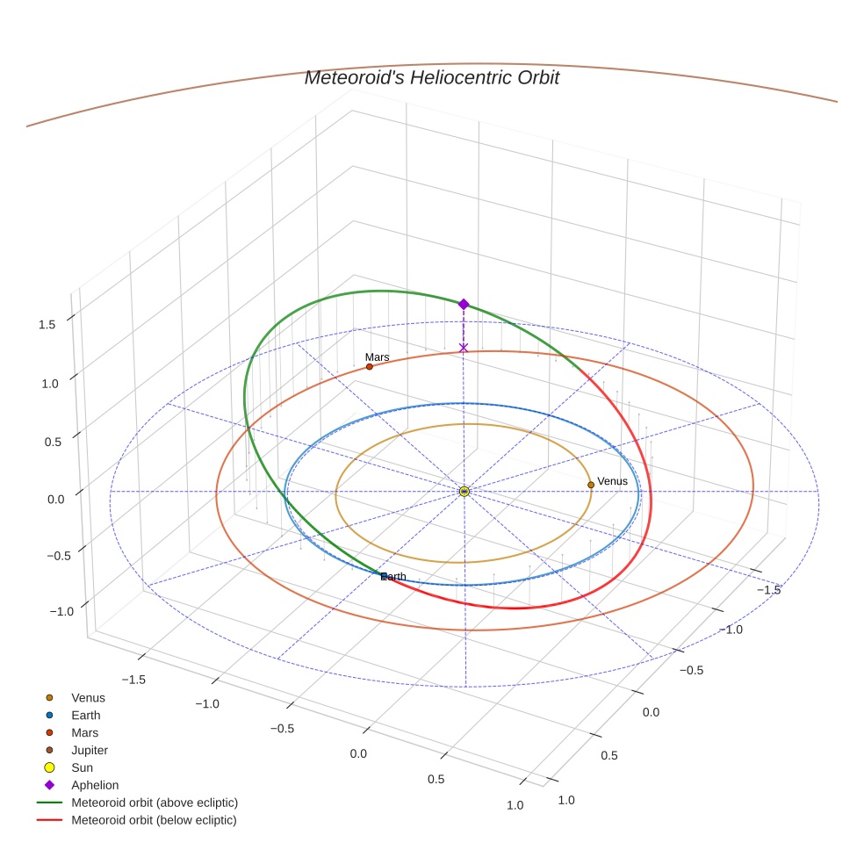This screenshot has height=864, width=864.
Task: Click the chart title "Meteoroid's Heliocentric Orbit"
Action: (x=431, y=77)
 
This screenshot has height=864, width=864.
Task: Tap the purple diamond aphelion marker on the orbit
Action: (x=464, y=304)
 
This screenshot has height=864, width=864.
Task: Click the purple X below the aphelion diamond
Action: (x=464, y=348)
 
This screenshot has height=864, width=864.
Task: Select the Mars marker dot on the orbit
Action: (x=369, y=366)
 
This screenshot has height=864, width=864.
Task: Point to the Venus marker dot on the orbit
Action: (x=591, y=485)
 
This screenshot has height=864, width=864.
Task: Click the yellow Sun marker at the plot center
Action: (x=464, y=492)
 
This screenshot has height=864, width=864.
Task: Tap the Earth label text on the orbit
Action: (x=393, y=576)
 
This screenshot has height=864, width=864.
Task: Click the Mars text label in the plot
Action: (x=377, y=357)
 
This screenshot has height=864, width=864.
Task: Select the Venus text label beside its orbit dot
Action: (x=612, y=481)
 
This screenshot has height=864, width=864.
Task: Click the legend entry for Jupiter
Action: (x=90, y=750)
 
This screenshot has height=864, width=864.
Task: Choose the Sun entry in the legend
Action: (x=82, y=767)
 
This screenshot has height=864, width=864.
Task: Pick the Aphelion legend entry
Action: (x=94, y=785)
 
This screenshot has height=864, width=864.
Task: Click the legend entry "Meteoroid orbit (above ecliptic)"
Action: (x=155, y=803)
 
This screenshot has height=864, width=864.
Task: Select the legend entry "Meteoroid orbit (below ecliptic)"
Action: (x=154, y=820)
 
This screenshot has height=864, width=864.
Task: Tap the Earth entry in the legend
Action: (x=85, y=715)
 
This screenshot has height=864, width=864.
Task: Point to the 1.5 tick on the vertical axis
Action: (x=47, y=324)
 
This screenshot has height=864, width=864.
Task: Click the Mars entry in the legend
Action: (x=84, y=732)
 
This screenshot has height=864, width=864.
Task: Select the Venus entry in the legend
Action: (x=88, y=697)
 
